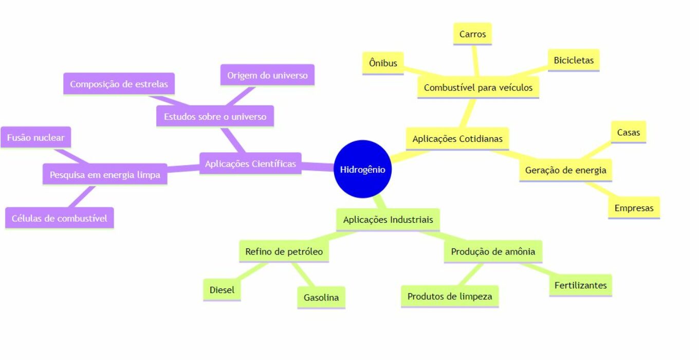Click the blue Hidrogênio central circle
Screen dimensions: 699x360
(x=362, y=169)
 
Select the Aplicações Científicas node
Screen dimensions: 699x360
(x=250, y=164)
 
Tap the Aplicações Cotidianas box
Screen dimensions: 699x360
(x=457, y=139)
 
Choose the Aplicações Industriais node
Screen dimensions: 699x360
(x=388, y=220)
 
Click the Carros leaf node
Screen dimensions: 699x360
(x=472, y=34)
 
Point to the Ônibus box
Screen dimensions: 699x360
(x=383, y=63)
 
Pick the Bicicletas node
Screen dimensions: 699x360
(x=574, y=60)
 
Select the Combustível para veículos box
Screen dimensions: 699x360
(x=478, y=87)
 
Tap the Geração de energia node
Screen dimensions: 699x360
(x=565, y=170)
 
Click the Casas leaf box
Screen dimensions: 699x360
(x=629, y=132)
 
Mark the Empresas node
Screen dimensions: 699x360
(x=634, y=208)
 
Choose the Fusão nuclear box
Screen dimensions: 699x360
(x=35, y=137)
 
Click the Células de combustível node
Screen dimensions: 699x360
(x=59, y=218)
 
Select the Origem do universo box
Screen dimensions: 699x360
(x=267, y=75)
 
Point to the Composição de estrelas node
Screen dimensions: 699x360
(x=119, y=84)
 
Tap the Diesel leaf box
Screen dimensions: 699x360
(x=222, y=290)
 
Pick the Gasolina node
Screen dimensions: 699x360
(x=321, y=298)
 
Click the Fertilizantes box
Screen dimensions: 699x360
(x=580, y=285)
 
